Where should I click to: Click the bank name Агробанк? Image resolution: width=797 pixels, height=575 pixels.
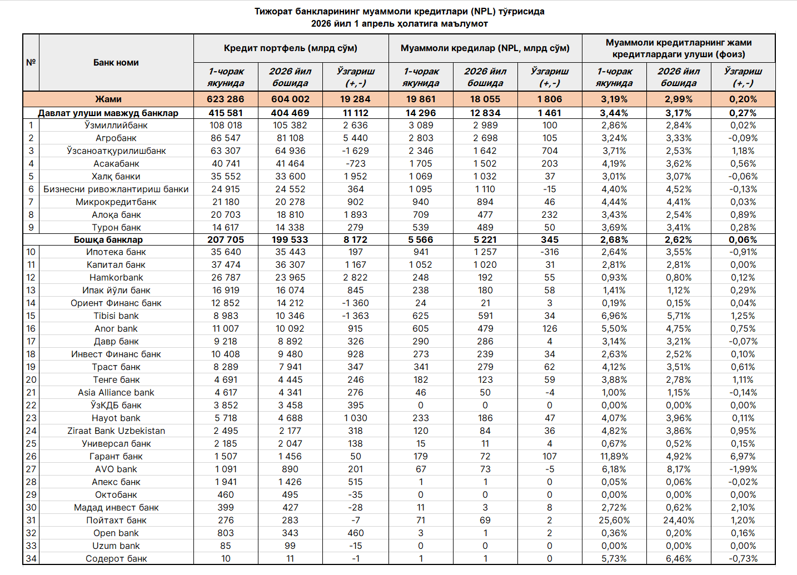(116, 138)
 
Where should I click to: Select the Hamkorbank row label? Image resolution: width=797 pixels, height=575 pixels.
(116, 277)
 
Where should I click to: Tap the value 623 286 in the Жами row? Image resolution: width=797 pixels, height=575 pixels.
(226, 99)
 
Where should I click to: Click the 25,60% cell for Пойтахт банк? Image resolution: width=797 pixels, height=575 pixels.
(614, 520)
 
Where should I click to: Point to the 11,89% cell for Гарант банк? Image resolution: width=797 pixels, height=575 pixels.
(614, 456)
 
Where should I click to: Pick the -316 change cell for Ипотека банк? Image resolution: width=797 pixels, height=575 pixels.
(550, 252)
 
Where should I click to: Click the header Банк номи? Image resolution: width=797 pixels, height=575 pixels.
(116, 62)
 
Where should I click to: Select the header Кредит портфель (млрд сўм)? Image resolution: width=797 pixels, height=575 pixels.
(291, 48)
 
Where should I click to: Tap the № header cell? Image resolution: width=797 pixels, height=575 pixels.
(31, 62)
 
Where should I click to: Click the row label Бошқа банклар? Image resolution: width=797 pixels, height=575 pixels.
(108, 239)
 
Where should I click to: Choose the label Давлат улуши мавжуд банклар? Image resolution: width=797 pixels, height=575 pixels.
(108, 113)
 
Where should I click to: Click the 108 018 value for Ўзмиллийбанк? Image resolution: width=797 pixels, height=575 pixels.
(226, 125)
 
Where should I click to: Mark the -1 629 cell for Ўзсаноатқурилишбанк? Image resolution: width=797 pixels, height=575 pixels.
(356, 151)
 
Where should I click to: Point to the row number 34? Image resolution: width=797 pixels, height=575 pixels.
(31, 558)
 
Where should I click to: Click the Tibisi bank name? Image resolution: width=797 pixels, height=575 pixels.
(116, 316)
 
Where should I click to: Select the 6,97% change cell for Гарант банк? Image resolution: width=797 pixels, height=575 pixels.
(743, 456)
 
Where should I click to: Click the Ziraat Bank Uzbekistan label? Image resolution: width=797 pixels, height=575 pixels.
(116, 431)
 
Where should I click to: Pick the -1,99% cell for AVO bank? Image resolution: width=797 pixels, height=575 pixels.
(743, 469)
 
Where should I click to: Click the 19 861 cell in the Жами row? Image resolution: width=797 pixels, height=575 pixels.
(421, 99)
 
